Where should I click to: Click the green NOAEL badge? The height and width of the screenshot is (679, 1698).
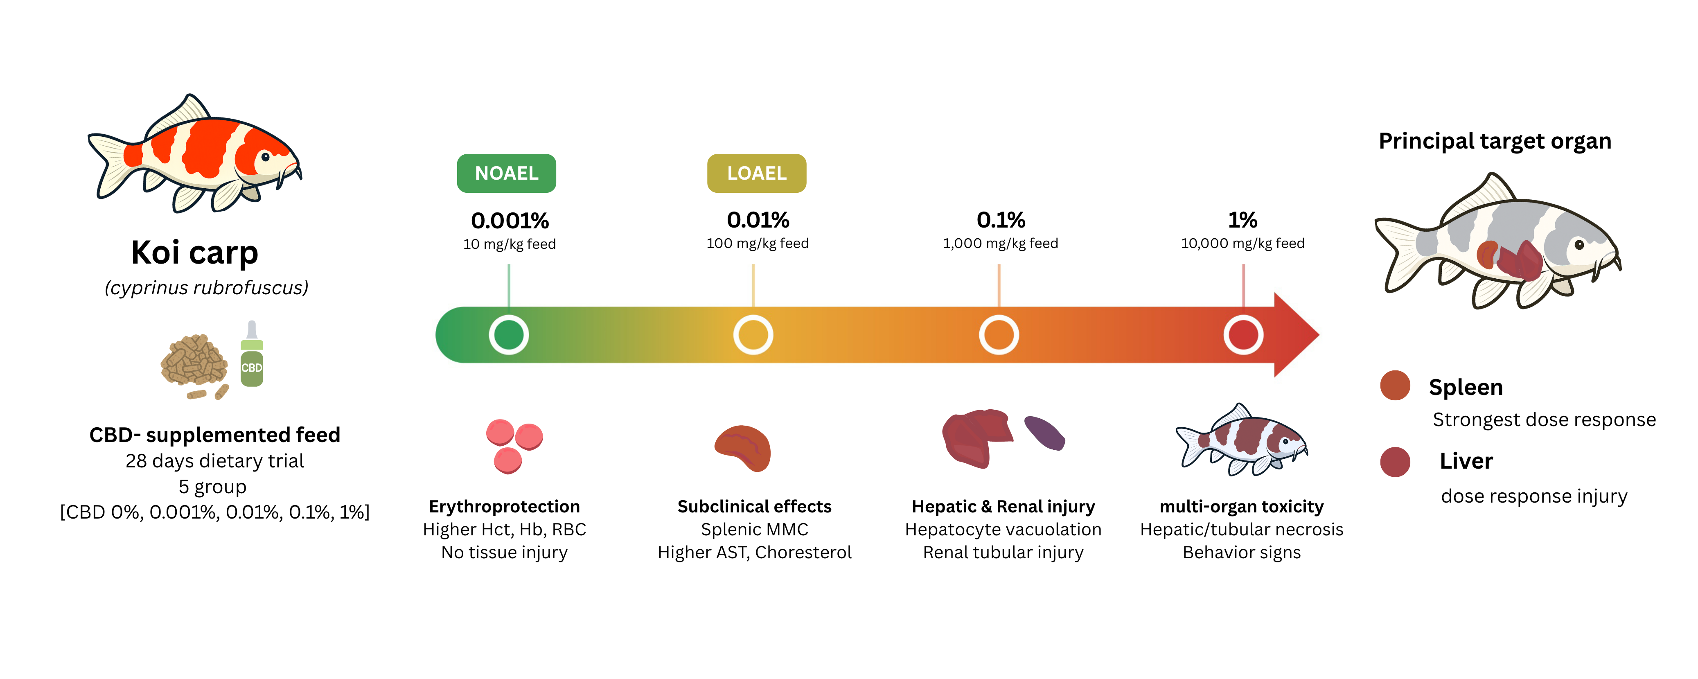(506, 174)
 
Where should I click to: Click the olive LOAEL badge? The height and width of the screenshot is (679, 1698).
(757, 174)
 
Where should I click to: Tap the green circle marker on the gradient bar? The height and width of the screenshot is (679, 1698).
(509, 335)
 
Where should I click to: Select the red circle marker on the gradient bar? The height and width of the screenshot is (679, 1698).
(1243, 335)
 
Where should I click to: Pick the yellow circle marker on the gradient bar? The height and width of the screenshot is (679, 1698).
(753, 335)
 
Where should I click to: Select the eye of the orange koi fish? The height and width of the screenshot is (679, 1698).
(265, 157)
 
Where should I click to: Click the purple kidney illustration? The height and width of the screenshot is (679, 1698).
(1045, 433)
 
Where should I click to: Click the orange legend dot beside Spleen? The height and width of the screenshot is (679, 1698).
(1396, 386)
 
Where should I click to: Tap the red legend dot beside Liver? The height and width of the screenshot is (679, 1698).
(1396, 462)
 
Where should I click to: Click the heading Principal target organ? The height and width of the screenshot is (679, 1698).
(1495, 142)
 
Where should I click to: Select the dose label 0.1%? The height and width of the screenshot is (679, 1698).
(1001, 219)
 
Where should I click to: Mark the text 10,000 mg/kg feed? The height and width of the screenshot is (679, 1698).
(1242, 243)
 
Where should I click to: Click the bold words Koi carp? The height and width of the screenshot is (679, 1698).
(194, 253)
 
